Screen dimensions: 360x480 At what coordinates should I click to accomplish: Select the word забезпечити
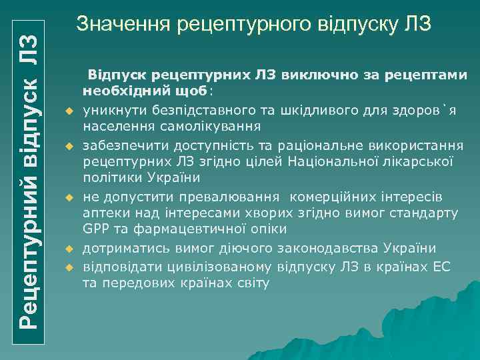[122, 146]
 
